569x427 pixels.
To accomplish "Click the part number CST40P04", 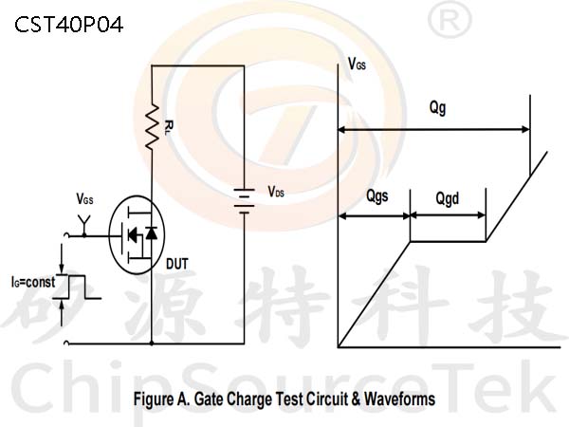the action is tap(69, 25).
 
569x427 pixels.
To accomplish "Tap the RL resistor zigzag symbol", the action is tap(152, 127).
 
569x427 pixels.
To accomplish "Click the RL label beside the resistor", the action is tap(169, 127).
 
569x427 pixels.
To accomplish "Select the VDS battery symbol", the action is tap(244, 201).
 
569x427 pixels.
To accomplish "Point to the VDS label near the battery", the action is tap(276, 192).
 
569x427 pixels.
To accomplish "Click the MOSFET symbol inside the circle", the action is tap(137, 235).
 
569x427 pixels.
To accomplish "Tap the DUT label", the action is tap(177, 264).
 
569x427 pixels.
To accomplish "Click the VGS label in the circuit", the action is tap(84, 199).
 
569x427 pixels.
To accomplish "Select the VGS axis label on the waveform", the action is tap(357, 64).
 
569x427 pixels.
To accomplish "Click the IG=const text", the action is tap(33, 282).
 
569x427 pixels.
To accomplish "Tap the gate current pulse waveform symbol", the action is tap(77, 287).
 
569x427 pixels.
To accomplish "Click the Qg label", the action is tap(437, 108).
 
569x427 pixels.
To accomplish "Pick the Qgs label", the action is tap(377, 196).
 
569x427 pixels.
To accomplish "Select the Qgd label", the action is tap(447, 198).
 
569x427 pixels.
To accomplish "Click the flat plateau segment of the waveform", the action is tap(448, 241).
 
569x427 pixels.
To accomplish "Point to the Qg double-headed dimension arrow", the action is tap(434, 129).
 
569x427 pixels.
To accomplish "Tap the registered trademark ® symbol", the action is tap(450, 20).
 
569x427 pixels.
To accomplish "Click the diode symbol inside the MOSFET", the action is tap(152, 233).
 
